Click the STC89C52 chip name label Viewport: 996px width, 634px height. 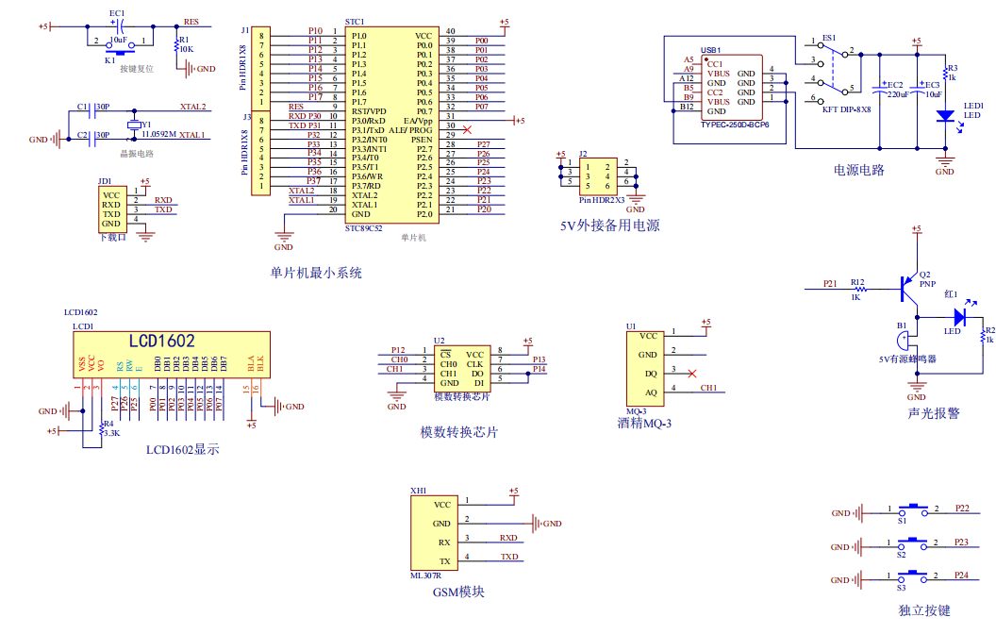pos(364,227)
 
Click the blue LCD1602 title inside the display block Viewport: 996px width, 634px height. pos(162,342)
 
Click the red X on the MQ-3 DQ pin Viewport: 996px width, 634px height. pos(693,374)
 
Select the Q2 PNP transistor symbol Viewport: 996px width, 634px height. pos(907,285)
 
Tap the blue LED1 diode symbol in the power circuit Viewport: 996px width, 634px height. pos(944,116)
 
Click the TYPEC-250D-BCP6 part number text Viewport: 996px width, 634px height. pos(735,125)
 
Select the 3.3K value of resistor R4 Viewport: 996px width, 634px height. pos(111,433)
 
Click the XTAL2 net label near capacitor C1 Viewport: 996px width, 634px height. pos(192,107)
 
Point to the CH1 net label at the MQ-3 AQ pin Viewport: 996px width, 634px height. pos(708,388)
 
